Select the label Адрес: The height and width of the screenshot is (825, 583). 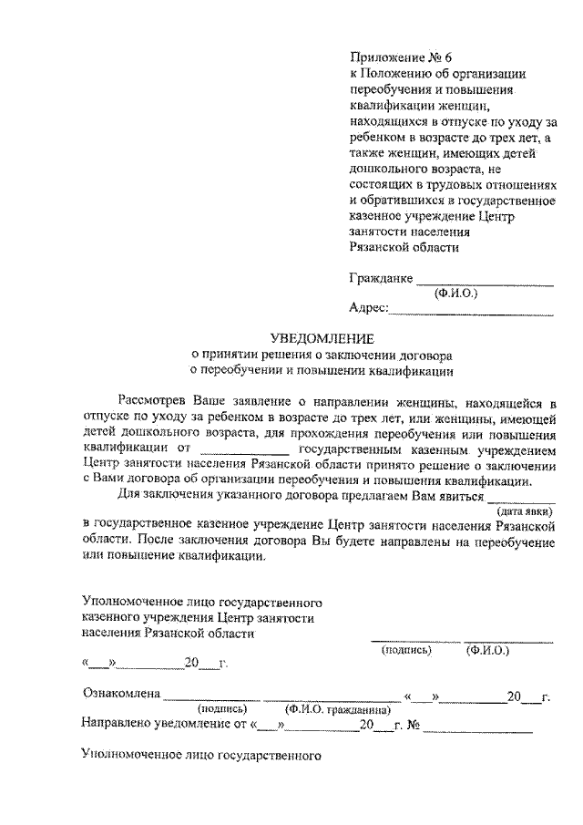pyautogui.click(x=369, y=309)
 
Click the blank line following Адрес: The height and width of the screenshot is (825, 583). pyautogui.click(x=471, y=313)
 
